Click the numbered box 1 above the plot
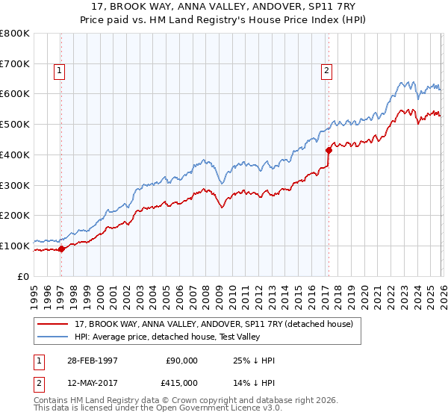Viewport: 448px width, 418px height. [59, 72]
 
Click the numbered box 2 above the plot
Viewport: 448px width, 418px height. [327, 72]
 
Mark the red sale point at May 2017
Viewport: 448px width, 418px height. [328, 150]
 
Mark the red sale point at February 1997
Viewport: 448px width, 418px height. [61, 249]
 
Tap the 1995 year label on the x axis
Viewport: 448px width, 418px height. [34, 291]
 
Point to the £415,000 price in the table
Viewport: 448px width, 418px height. [181, 382]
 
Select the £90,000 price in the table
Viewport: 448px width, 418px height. [181, 361]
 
